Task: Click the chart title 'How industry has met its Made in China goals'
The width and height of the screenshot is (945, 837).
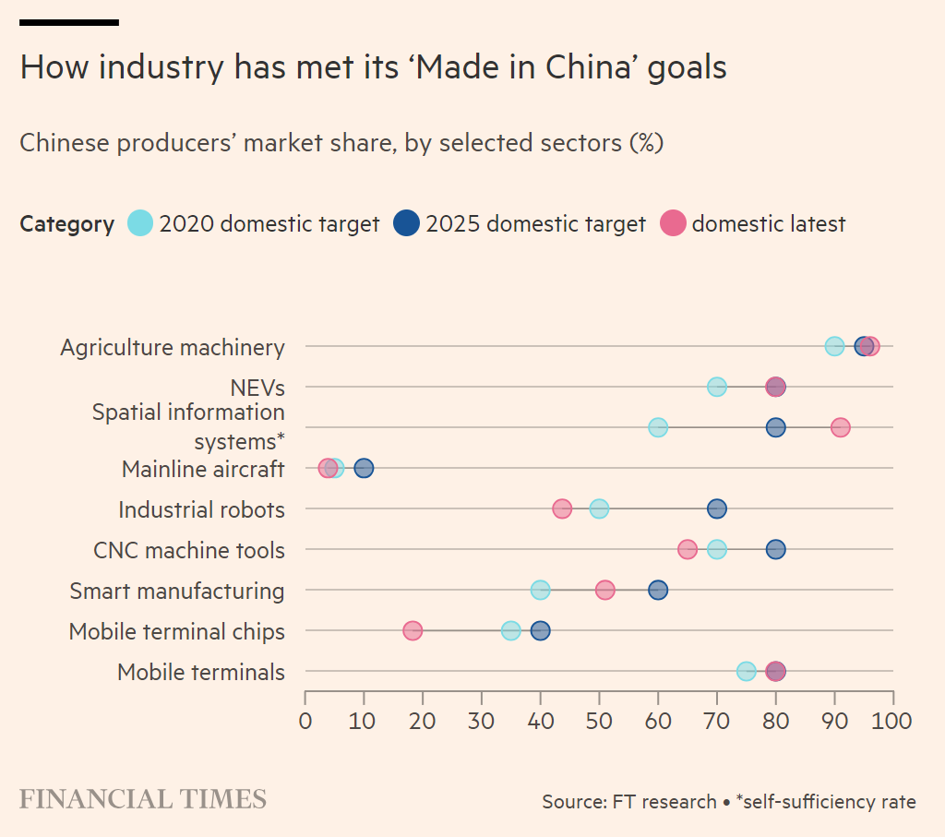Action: [x=373, y=67]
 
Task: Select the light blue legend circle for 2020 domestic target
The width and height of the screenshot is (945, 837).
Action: [x=140, y=223]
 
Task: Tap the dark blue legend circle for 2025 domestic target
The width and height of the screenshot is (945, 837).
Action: [x=406, y=223]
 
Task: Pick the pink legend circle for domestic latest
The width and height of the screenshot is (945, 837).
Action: [x=673, y=223]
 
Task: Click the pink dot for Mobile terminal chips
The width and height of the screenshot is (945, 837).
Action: [x=413, y=631]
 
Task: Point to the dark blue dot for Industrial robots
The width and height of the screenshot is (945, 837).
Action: [x=717, y=508]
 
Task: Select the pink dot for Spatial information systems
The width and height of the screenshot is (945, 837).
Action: [x=840, y=427]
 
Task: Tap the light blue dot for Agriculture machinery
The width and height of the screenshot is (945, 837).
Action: [x=834, y=346]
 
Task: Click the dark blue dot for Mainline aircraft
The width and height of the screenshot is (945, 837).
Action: [x=365, y=468]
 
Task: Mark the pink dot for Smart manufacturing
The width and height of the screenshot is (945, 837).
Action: [x=604, y=591]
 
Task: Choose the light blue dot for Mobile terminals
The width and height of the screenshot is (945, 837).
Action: [x=747, y=672]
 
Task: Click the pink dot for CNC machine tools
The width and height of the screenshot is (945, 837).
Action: [x=688, y=550]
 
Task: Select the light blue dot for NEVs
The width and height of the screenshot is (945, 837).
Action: [x=717, y=387]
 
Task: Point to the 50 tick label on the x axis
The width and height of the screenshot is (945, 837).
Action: [x=599, y=721]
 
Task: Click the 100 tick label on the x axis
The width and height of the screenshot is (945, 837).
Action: [x=893, y=721]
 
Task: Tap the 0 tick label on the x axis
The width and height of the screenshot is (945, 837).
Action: [x=305, y=721]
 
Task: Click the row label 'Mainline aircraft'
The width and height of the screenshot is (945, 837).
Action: [x=203, y=469]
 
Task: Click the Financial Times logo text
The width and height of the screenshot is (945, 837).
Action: [x=143, y=799]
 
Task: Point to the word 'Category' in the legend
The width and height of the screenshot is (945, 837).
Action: [x=66, y=224]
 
